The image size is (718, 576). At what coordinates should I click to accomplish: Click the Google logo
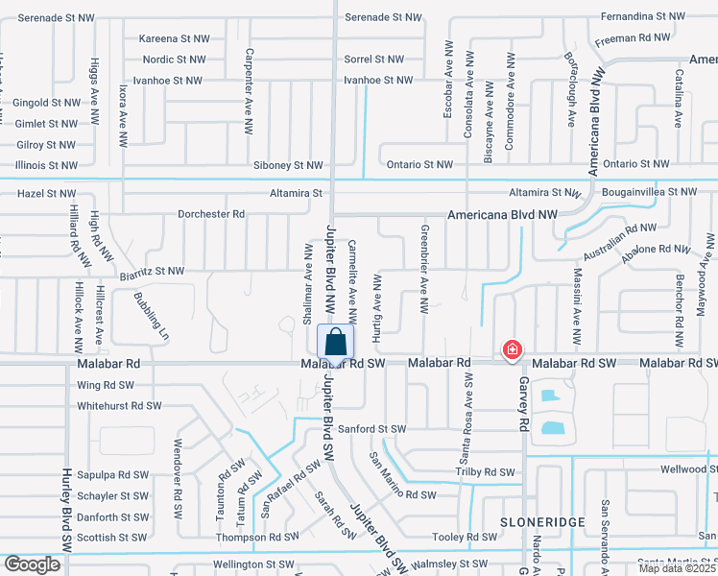point(33,564)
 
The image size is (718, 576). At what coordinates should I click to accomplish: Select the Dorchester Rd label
point(211,213)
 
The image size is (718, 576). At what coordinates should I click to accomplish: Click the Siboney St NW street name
point(288,166)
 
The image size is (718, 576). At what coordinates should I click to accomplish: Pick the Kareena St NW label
point(174,39)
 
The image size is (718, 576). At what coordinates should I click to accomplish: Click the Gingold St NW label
point(46,103)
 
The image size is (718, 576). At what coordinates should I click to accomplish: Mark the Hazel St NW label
point(46,194)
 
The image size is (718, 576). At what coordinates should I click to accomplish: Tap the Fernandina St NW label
point(643,17)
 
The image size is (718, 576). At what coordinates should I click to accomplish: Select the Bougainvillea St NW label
point(650,193)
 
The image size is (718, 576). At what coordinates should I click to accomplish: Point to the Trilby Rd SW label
point(486,472)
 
